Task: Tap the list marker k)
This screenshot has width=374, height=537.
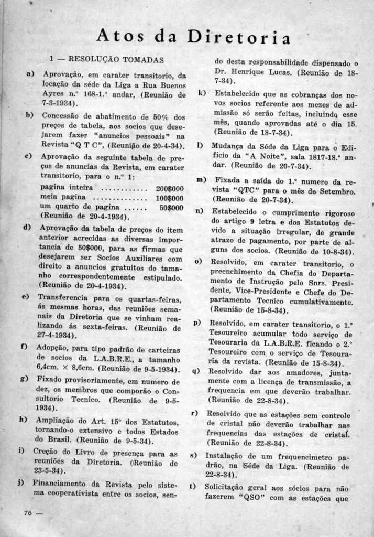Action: tap(202, 93)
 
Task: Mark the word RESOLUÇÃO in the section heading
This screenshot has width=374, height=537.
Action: tap(93, 59)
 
